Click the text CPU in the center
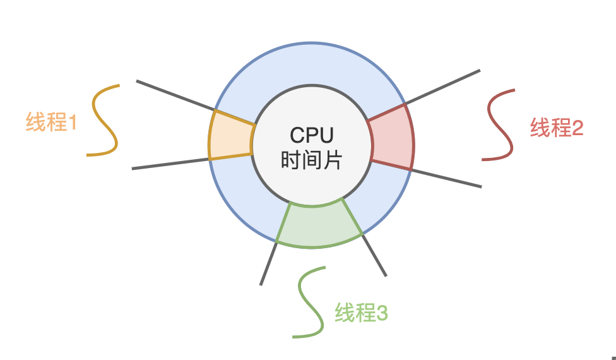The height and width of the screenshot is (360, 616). coord(311,135)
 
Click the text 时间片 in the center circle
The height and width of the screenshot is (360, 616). coord(311,159)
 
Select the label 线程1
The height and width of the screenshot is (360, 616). coord(51,122)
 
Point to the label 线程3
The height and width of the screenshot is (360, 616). coord(361,313)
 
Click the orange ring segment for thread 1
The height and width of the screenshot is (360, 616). coord(231,136)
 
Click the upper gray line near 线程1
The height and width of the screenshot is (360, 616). coord(174,95)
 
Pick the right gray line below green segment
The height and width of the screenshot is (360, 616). coord(374,255)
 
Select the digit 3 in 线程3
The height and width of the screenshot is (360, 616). coord(381,313)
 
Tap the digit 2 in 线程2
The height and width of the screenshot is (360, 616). coord(577,128)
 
